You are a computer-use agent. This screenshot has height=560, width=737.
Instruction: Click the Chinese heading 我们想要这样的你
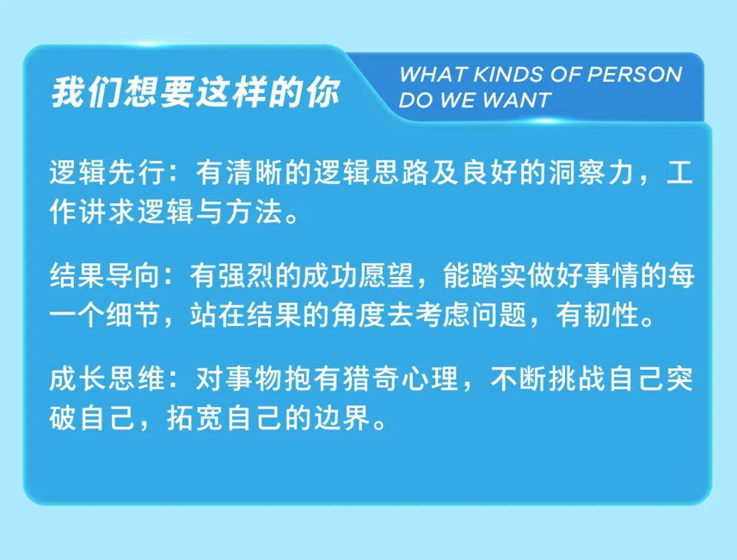point(196,91)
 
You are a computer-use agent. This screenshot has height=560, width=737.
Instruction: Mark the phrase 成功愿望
point(358,276)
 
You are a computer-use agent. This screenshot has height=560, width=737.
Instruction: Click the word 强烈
point(246,276)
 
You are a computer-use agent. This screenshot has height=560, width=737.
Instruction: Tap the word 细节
point(134,314)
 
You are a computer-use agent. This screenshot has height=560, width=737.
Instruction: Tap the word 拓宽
point(195,417)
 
